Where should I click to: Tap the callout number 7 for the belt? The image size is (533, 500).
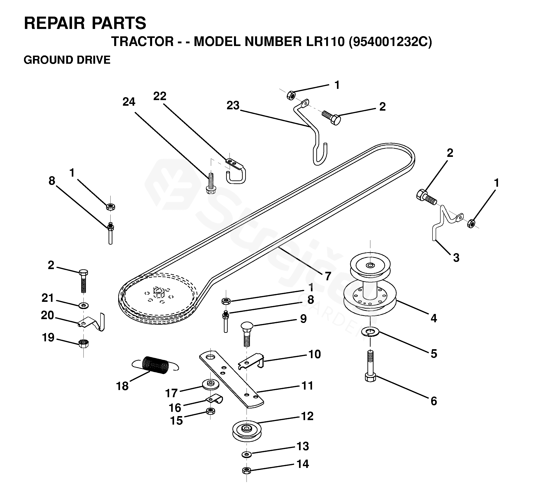pos(328,276)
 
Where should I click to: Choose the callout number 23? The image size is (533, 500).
pos(233,106)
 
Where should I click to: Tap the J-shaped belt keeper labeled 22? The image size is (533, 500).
pos(236,172)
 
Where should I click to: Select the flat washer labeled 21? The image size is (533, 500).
pos(84,305)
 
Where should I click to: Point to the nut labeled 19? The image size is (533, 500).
pos(84,343)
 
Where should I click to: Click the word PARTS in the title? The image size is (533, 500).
pos(119,23)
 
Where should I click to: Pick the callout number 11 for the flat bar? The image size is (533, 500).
pos(307,386)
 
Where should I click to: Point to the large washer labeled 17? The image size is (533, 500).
pos(211,385)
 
